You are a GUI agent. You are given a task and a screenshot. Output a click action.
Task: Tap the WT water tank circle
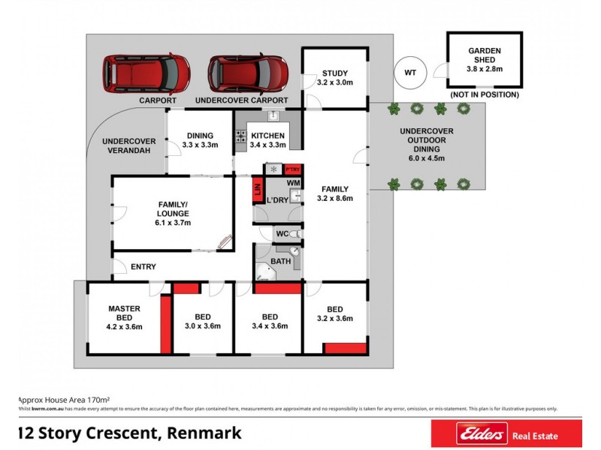tap(410, 72)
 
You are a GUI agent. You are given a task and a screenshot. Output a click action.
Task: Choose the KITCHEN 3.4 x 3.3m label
tap(267, 139)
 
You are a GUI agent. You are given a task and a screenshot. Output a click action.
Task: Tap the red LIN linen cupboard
tap(257, 190)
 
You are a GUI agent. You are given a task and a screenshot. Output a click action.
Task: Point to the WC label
tap(282, 234)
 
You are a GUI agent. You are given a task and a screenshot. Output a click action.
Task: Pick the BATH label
tap(282, 261)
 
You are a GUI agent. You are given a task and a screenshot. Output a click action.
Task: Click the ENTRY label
tap(143, 266)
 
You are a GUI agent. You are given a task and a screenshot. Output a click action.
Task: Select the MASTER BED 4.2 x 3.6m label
tap(124, 317)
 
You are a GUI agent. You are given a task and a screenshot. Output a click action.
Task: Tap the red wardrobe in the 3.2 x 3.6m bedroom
tap(346, 348)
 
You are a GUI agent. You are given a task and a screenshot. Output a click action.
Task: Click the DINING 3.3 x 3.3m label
tap(200, 140)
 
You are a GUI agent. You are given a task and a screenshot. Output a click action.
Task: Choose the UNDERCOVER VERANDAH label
tap(128, 145)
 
